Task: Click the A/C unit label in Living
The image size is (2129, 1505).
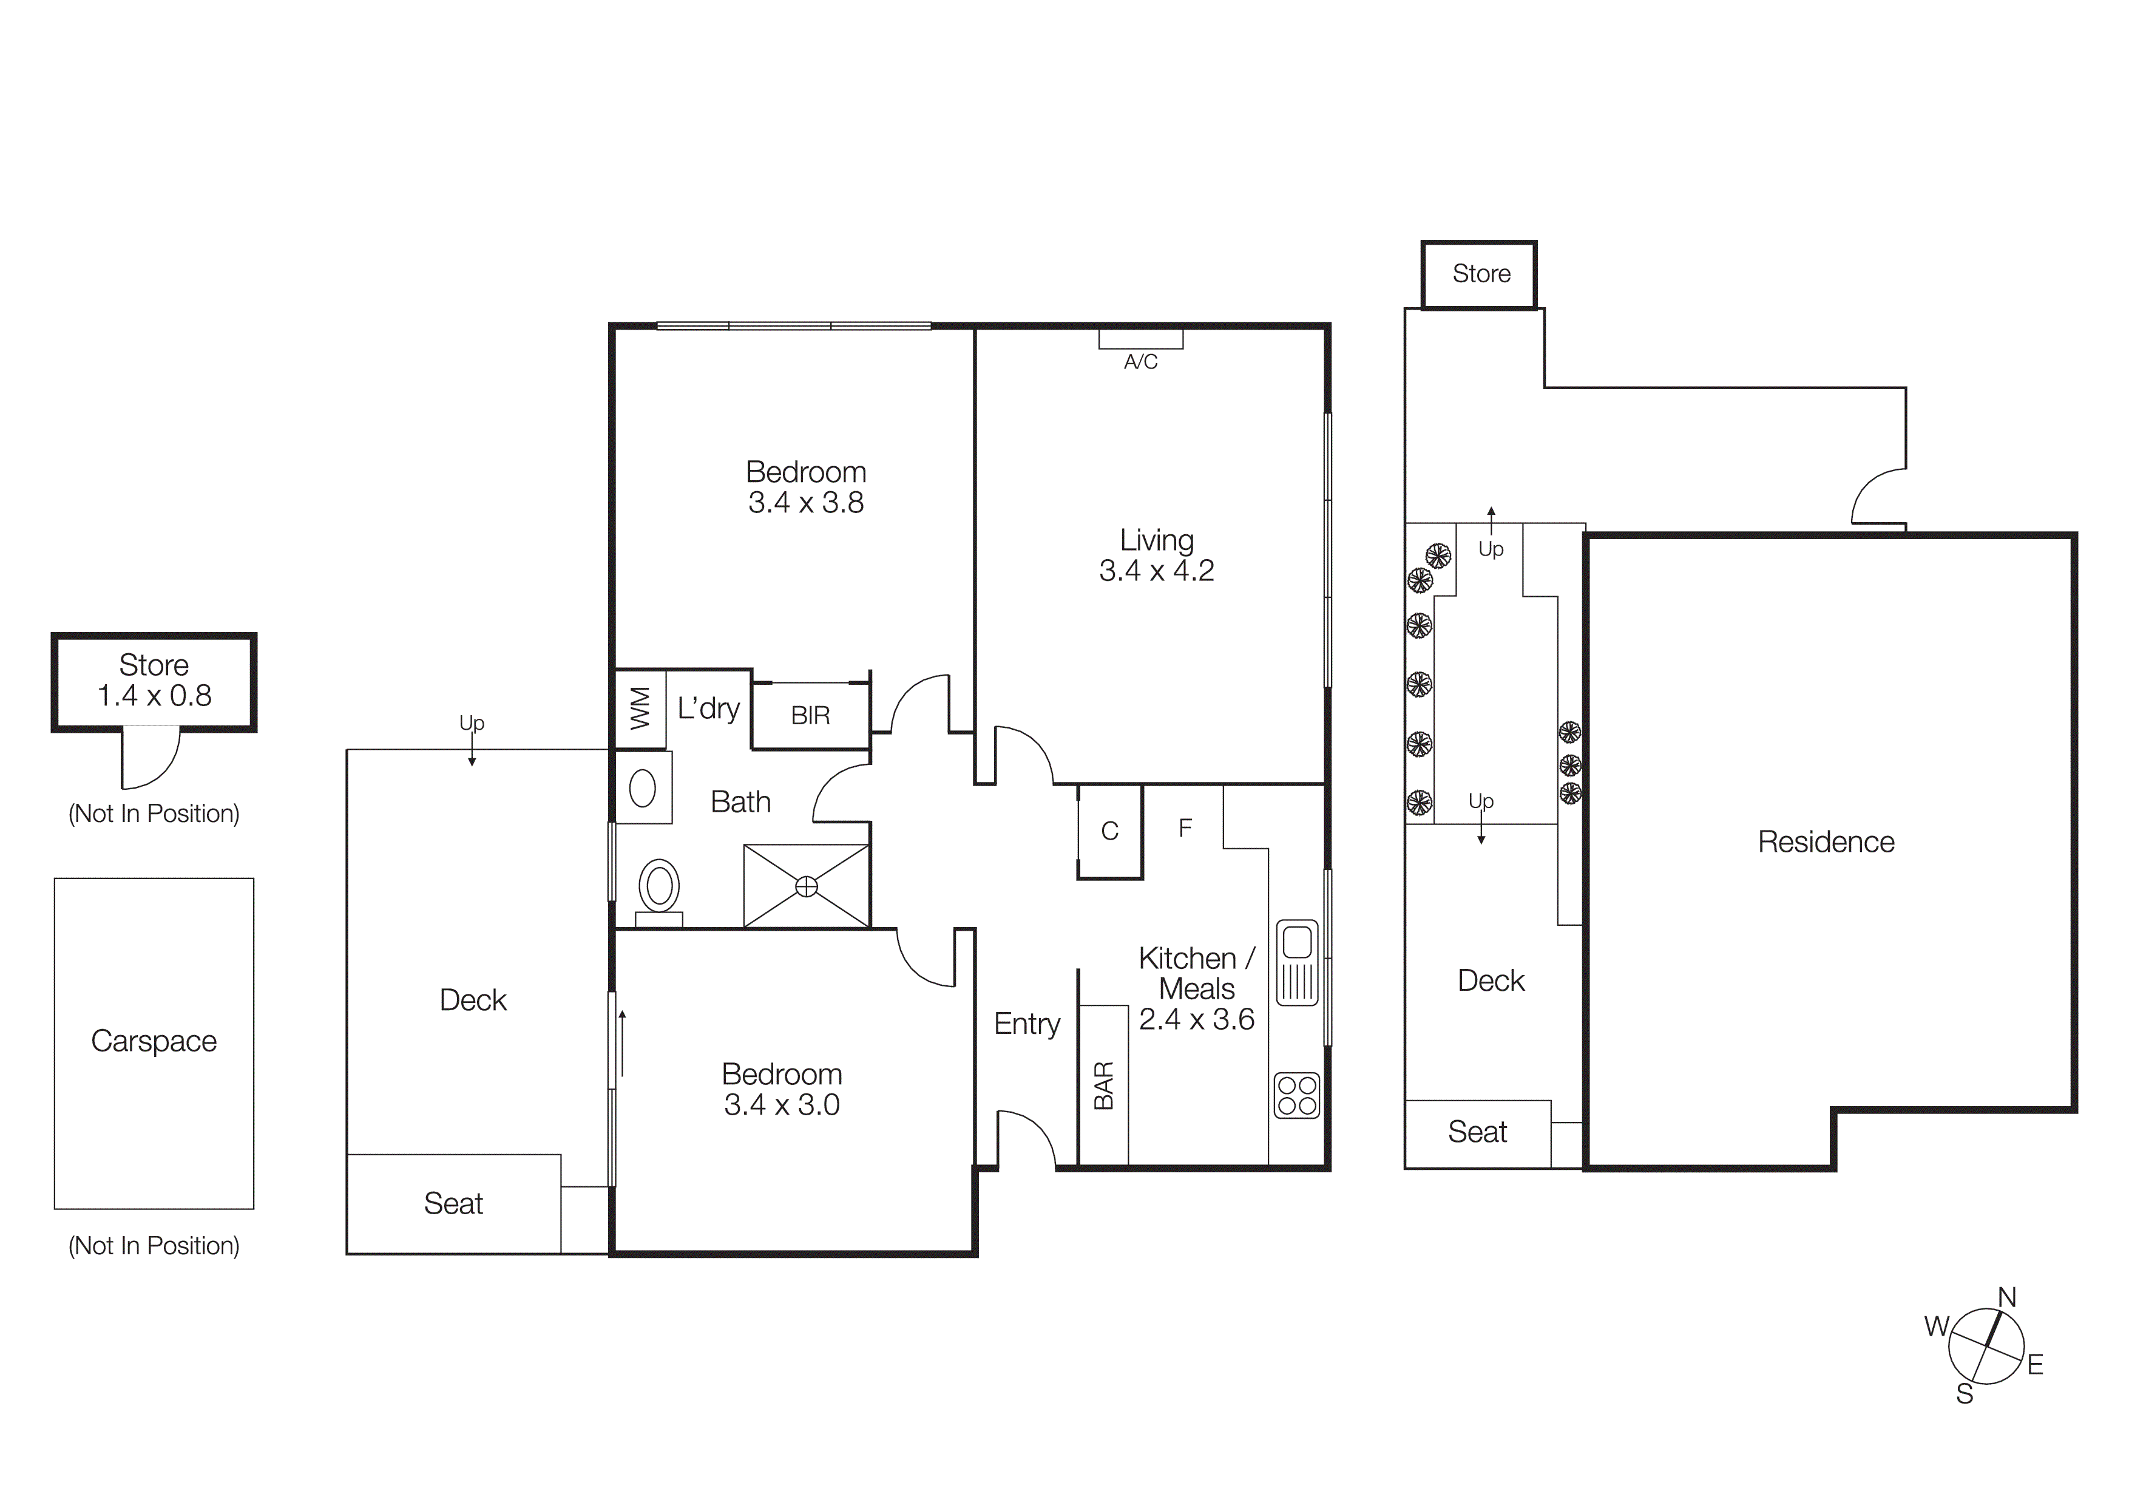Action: (1140, 362)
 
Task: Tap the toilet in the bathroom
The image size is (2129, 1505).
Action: (659, 888)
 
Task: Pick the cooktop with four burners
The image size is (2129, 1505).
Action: (1296, 1095)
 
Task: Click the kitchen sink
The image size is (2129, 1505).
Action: (1297, 962)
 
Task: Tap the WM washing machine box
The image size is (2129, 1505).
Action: (640, 709)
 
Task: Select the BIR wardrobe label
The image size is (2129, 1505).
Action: (810, 715)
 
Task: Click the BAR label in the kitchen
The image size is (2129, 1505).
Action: (1103, 1085)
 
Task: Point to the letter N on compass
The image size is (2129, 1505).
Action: (2006, 1297)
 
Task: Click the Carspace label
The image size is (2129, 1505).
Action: (154, 1041)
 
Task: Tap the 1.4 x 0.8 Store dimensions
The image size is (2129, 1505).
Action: (154, 696)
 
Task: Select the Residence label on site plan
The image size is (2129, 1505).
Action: (1825, 842)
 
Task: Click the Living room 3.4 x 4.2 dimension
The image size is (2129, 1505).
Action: (1156, 570)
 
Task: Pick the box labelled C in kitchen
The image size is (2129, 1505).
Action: (1109, 831)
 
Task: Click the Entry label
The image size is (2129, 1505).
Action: (1026, 1024)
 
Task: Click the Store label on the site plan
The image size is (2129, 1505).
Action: (1481, 274)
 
